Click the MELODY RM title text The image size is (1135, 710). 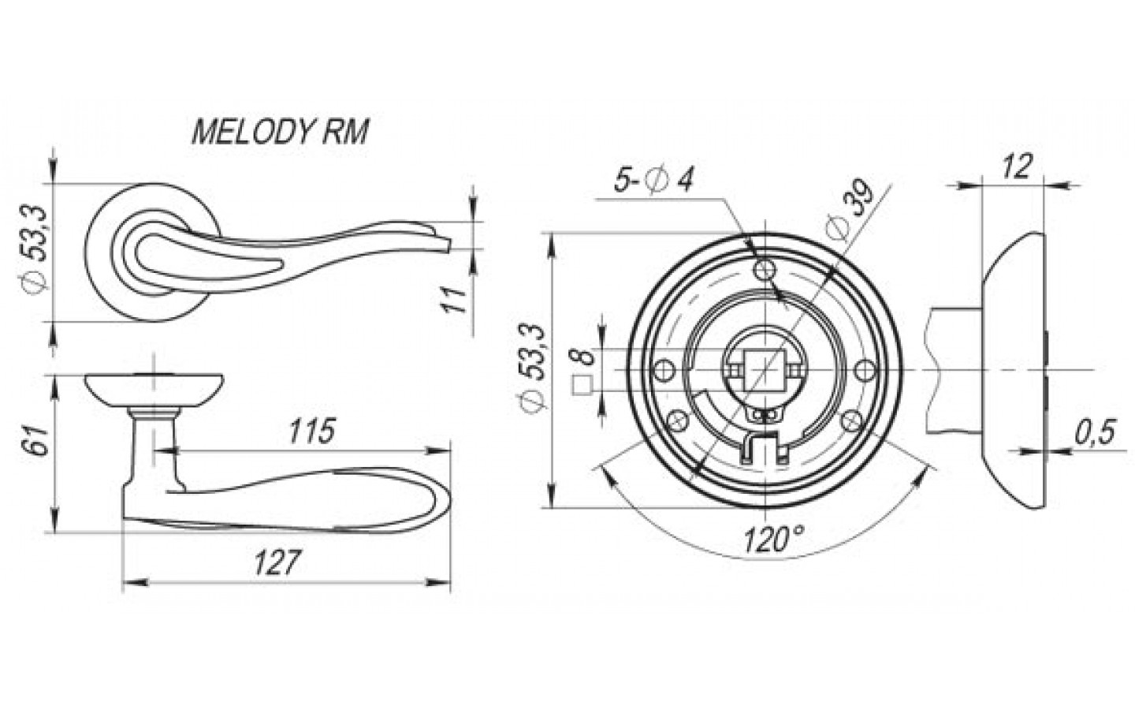[x=281, y=132]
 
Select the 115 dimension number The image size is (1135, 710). [x=312, y=431]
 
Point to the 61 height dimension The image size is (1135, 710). [x=37, y=441]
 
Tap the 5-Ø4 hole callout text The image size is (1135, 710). [x=653, y=180]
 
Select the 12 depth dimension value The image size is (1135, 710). [x=1017, y=166]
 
